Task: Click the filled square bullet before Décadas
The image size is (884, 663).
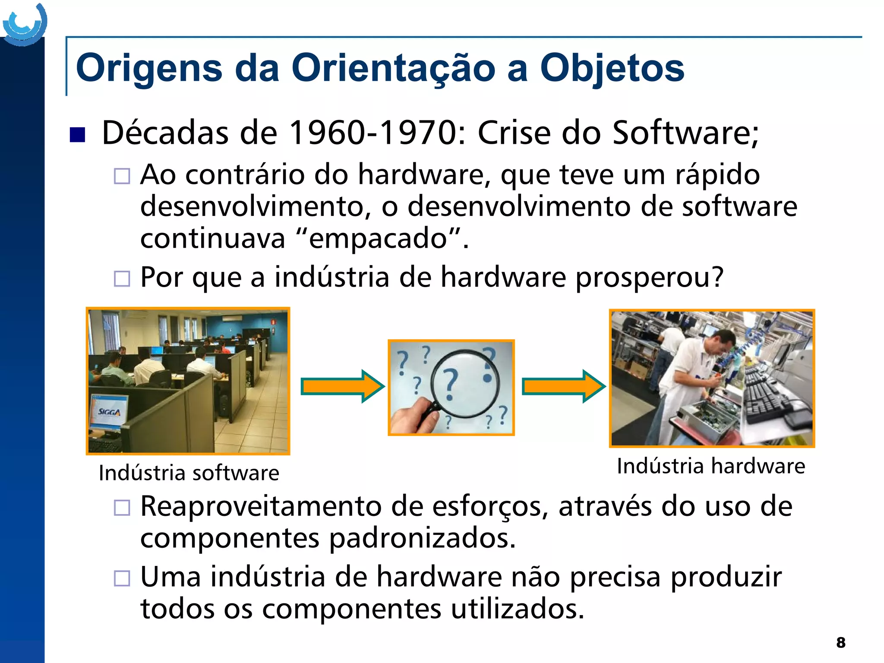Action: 78,135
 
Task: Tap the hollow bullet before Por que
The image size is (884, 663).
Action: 122,278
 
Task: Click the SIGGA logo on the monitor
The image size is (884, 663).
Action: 109,412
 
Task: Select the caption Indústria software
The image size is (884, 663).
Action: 189,473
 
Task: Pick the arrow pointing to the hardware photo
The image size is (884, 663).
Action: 563,386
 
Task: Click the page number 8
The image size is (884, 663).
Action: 840,642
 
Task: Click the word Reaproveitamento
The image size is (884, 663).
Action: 261,507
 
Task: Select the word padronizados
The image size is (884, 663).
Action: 422,539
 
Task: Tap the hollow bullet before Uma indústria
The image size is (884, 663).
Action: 122,578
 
